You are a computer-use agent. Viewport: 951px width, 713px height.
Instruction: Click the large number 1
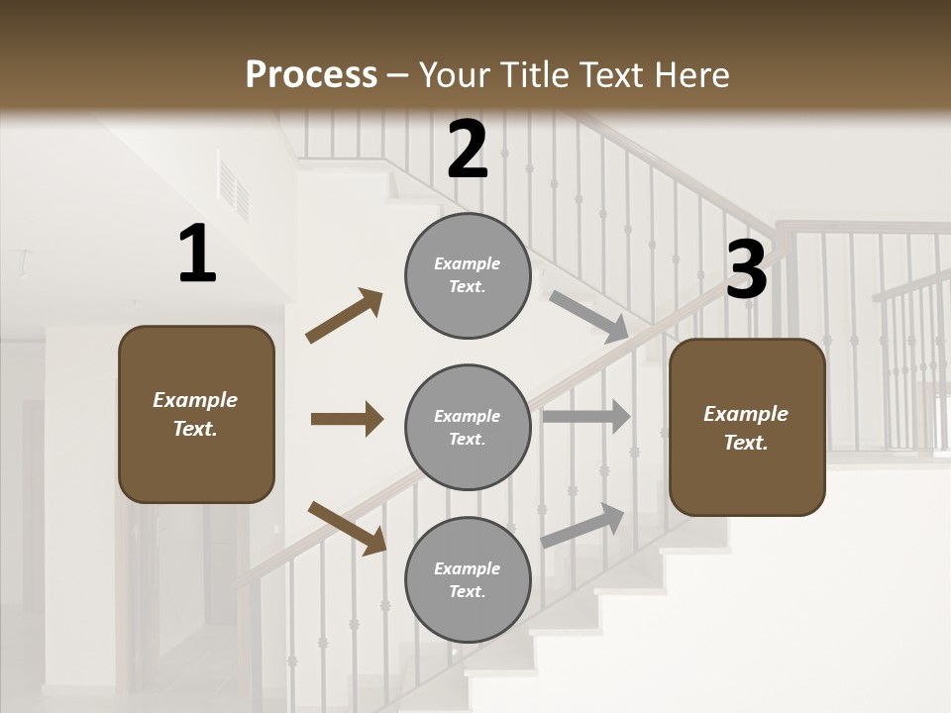coord(197,255)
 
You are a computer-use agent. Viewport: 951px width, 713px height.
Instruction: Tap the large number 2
coord(468,151)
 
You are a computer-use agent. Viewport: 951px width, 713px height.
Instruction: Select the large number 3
coord(746,270)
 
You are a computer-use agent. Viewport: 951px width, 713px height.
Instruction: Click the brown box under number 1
coord(196,414)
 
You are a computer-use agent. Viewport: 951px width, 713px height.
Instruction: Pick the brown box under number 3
coord(747,427)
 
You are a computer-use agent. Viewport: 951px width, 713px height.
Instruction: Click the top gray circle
coord(468,275)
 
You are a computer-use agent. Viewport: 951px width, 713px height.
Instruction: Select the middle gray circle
coord(468,427)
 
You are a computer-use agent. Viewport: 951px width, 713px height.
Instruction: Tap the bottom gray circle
coord(468,579)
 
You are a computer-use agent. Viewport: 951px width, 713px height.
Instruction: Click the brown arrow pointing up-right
coord(345,315)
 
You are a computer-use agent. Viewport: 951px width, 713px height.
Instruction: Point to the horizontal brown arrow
coord(347,419)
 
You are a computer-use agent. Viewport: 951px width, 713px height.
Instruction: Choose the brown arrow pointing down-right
coord(347,527)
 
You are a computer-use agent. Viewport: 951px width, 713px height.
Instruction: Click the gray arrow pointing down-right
coord(588,316)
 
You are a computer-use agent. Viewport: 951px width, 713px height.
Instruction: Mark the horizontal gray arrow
coord(585,417)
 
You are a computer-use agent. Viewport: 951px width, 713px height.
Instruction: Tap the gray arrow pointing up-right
coord(582,526)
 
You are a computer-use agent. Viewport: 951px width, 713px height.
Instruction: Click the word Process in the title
coord(311,74)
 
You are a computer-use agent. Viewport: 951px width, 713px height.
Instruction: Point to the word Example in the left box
coord(195,400)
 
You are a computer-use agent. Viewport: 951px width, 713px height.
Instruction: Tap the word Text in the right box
coord(745,443)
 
